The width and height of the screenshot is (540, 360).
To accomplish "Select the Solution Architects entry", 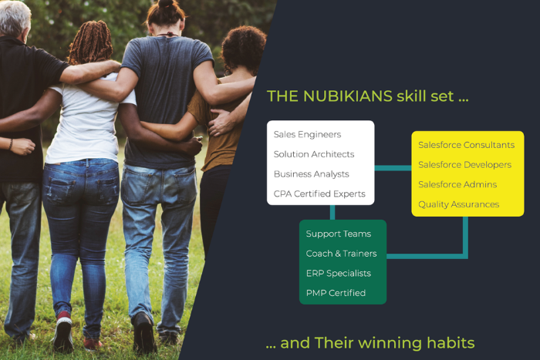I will [x=314, y=154].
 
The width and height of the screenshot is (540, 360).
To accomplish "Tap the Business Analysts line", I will [x=311, y=174].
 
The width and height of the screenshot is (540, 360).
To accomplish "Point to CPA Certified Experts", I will [x=319, y=193].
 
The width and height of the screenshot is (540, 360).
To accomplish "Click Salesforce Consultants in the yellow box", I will [x=466, y=145].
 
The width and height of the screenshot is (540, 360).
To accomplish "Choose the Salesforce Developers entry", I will [x=464, y=165].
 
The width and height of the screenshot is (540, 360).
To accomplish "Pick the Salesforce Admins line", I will [x=457, y=185].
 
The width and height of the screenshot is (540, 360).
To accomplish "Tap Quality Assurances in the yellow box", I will [x=458, y=204].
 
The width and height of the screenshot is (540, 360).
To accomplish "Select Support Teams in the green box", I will [x=338, y=234].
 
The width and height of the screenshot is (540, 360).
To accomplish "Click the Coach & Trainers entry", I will [x=341, y=254].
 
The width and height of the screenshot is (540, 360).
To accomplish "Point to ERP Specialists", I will [x=338, y=273].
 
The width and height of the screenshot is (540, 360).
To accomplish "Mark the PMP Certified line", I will [x=336, y=293].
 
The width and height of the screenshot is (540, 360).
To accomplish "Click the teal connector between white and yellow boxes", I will [x=393, y=167].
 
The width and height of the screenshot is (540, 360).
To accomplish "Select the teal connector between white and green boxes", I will [x=332, y=212].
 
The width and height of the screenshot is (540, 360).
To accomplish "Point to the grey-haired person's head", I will [x=15, y=17].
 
